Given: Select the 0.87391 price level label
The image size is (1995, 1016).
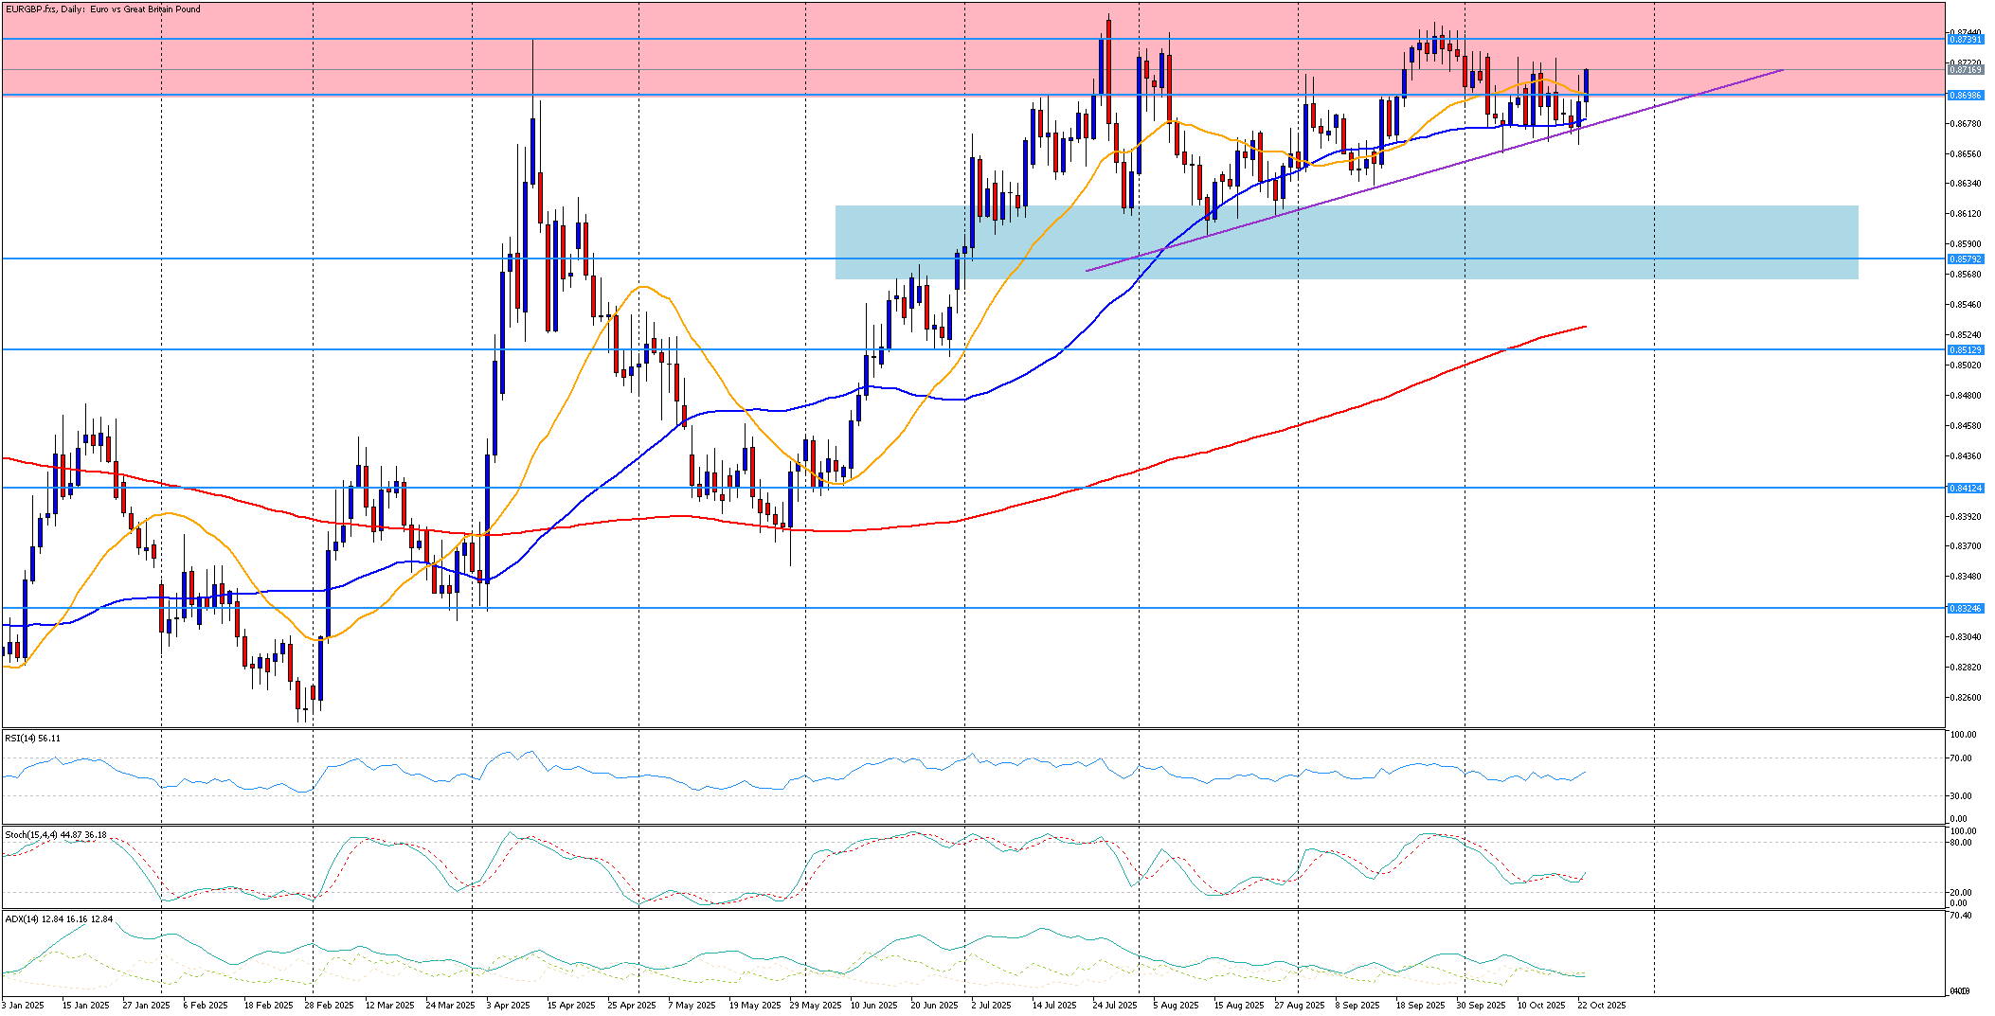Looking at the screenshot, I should [x=1965, y=40].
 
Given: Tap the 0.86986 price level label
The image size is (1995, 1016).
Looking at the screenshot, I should [x=1965, y=96].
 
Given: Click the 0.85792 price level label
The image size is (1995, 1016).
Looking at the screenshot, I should [x=1965, y=258].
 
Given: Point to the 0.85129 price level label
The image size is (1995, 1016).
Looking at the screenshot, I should [x=1965, y=350].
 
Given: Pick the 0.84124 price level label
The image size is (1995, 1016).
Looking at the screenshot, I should [x=1965, y=489].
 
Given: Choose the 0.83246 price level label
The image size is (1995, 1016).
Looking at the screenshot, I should [x=1965, y=609].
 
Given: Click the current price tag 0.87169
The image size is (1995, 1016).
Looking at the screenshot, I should [x=1965, y=70].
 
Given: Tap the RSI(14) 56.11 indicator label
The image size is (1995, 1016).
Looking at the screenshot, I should [x=32, y=739].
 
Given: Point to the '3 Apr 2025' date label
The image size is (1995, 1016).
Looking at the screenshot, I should [x=508, y=1006].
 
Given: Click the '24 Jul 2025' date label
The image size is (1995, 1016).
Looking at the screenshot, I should [x=1114, y=1006].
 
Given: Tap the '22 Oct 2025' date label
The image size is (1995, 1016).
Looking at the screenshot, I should [x=1602, y=1006].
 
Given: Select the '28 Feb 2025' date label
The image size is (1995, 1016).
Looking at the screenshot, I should [x=329, y=1006].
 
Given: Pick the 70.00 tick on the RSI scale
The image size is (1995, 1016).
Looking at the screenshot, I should [x=1959, y=758].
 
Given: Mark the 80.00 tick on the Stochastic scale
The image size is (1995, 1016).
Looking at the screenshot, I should [x=1959, y=843].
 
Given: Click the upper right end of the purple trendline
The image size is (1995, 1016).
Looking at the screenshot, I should [x=1783, y=70].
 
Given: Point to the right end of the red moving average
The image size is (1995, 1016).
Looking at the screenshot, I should [x=1586, y=327].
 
